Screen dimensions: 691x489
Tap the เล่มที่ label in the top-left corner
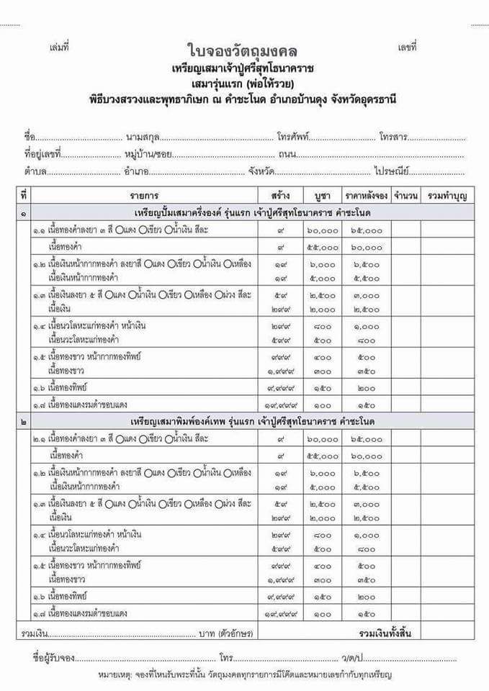tap(59, 48)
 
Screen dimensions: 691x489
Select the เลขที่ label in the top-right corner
tap(407, 48)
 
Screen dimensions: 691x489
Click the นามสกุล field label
tap(141, 137)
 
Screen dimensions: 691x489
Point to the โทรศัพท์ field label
tap(294, 137)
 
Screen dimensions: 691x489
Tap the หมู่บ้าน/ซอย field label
tap(148, 154)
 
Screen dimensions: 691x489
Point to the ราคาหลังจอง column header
tap(366, 196)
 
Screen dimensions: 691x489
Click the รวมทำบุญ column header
tap(447, 196)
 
